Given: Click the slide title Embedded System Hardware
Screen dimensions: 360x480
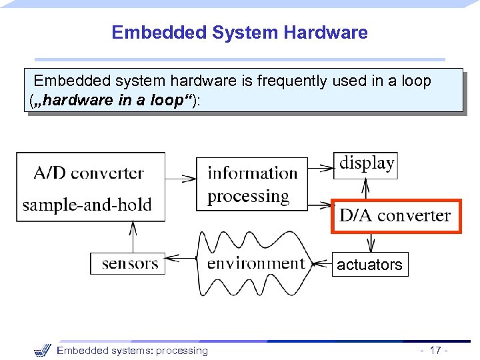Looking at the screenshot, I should [239, 32].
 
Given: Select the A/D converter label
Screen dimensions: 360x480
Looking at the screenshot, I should [89, 173].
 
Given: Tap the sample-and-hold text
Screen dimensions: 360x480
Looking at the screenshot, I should [87, 205].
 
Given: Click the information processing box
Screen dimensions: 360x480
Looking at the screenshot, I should [252, 184].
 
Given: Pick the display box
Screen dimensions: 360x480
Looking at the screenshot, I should [366, 163].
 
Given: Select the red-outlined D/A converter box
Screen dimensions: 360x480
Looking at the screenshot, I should [395, 215].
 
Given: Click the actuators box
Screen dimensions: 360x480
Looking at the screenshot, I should [369, 265].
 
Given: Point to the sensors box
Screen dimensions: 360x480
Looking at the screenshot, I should [129, 263].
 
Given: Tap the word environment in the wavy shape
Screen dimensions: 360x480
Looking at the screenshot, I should [255, 263].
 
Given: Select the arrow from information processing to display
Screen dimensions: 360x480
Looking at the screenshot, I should [321, 163].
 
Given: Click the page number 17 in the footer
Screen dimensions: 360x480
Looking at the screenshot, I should [436, 351].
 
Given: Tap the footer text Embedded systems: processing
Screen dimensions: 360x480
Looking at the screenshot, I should [132, 351].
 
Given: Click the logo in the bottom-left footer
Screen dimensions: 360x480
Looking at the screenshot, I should [42, 350].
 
